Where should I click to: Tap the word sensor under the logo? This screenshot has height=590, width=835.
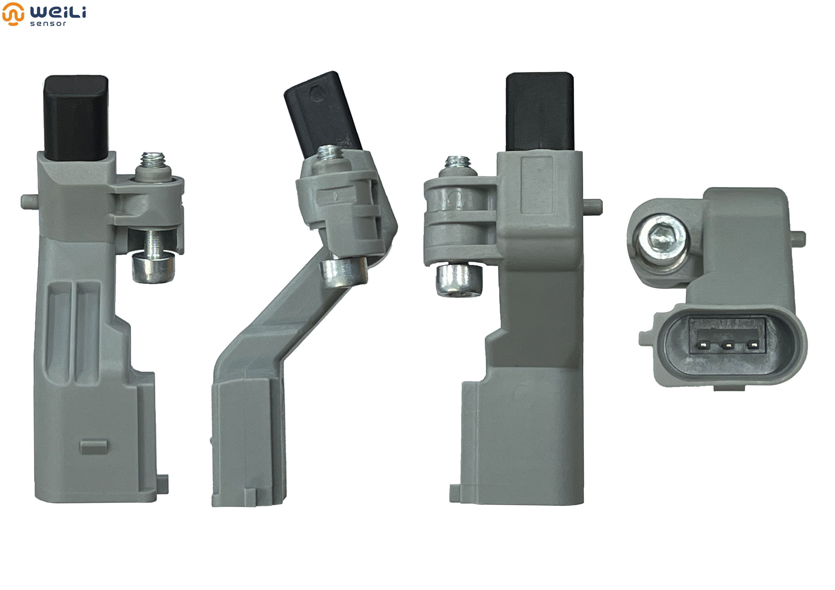click(48, 24)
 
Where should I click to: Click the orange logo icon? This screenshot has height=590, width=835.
click(13, 14)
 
